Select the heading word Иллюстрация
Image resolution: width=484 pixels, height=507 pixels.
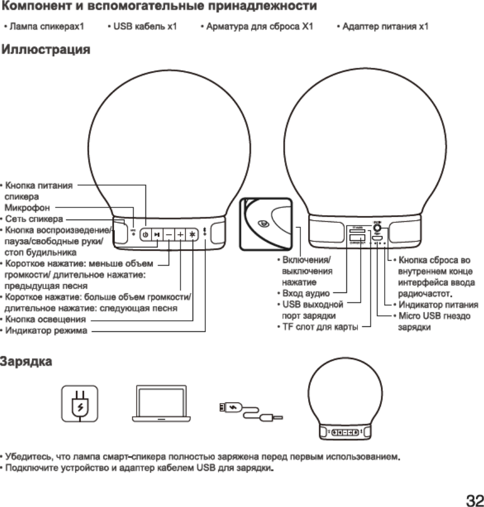(46, 51)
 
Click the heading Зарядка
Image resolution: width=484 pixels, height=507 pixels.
(27, 362)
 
